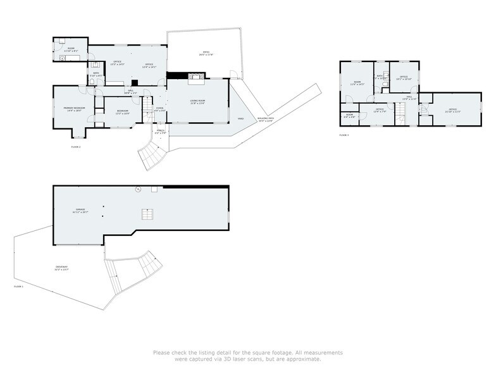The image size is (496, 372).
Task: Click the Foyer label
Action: click(160, 109)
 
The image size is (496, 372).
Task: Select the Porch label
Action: click(161, 132)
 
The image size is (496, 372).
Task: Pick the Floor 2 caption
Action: click(76, 147)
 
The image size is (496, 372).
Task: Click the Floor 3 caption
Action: click(344, 135)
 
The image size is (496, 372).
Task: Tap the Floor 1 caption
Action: click(18, 287)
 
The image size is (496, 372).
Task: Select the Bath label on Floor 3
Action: click(380, 77)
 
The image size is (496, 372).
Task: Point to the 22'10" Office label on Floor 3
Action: click(452, 110)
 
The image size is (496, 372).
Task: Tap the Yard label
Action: click(240, 118)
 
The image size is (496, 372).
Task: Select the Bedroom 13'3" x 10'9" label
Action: click(122, 112)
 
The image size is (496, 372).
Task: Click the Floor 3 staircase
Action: click(399, 115)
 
